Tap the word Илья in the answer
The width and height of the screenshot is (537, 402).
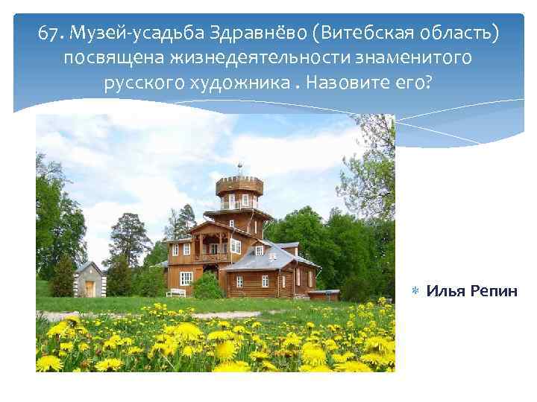[x=441, y=290]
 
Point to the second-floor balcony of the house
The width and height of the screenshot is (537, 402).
[x=213, y=258]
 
